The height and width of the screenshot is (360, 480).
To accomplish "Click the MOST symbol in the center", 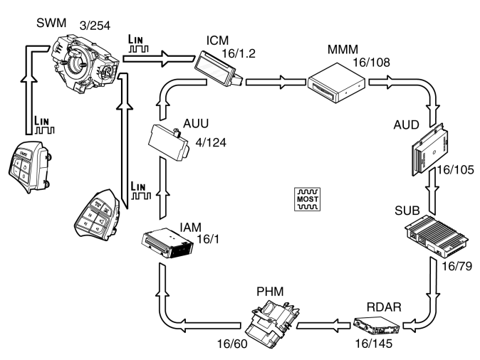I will [309, 198].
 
